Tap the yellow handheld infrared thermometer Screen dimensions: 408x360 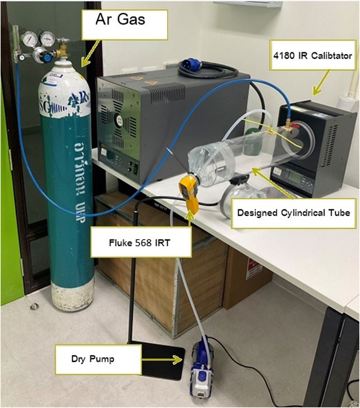coord(190,193)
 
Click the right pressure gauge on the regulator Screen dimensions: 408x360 coord(47,39)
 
